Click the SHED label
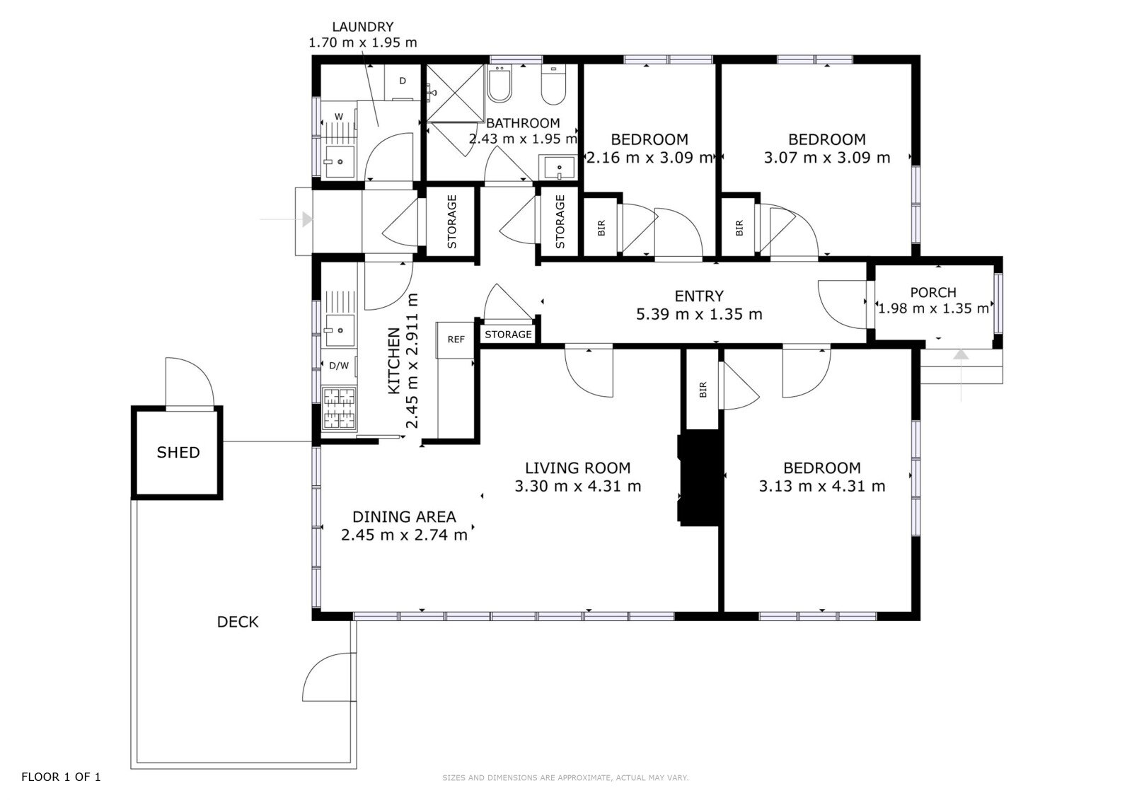(x=178, y=452)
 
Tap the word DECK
(x=238, y=622)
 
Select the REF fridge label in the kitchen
(x=456, y=340)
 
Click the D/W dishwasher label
(x=339, y=366)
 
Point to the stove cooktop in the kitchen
(x=339, y=407)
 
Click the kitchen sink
(x=339, y=330)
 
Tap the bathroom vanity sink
(x=558, y=167)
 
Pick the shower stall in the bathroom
(x=456, y=93)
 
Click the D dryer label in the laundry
(x=403, y=81)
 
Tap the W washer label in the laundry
(x=339, y=117)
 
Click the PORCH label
(x=933, y=292)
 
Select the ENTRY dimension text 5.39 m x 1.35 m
(x=699, y=314)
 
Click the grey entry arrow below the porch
(x=961, y=376)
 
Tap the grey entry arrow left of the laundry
(x=287, y=219)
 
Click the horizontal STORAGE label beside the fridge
(x=508, y=335)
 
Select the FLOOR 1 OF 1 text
(x=61, y=777)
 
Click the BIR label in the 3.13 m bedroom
(x=703, y=389)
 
